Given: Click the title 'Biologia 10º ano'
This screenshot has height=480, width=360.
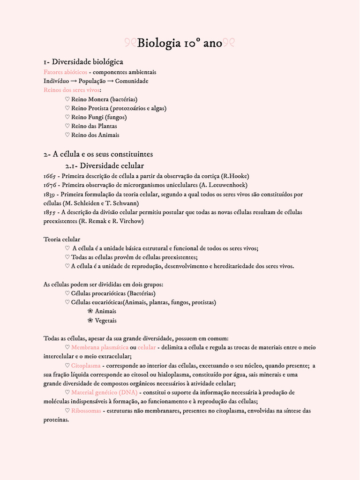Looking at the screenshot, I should coord(180,43).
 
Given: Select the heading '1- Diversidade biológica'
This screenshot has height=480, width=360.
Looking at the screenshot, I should coord(83,62).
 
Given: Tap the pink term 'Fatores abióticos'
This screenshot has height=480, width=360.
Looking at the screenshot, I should coord(65,72).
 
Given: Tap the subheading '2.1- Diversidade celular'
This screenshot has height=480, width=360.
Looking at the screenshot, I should coord(104,166).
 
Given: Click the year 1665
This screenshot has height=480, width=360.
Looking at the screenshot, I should coord(50,176).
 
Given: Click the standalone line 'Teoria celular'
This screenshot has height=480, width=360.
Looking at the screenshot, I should coord(61,239).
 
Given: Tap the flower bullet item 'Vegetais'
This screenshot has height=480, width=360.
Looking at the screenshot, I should coord(105,321).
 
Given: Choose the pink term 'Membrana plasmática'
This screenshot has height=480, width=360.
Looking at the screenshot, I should coord(99,347).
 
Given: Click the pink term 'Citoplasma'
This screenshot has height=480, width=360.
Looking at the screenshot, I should coord(86,366).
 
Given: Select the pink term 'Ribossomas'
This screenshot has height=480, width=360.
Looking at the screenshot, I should coord(86,411).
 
